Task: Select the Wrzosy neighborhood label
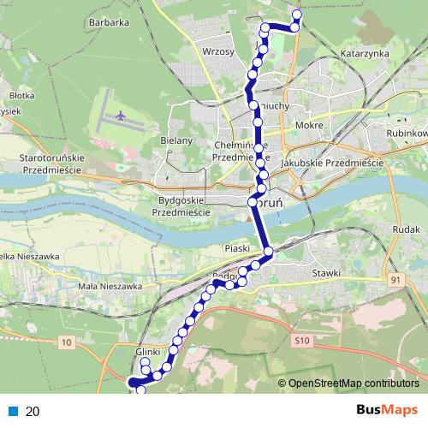(218, 51)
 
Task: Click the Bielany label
(175, 140)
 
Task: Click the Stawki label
(326, 272)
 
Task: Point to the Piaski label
(235, 248)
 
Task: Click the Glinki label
(148, 352)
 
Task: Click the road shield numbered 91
(395, 280)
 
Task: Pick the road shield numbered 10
(67, 342)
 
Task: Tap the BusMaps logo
(387, 411)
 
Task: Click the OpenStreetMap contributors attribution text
(354, 383)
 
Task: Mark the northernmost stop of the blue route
(297, 14)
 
